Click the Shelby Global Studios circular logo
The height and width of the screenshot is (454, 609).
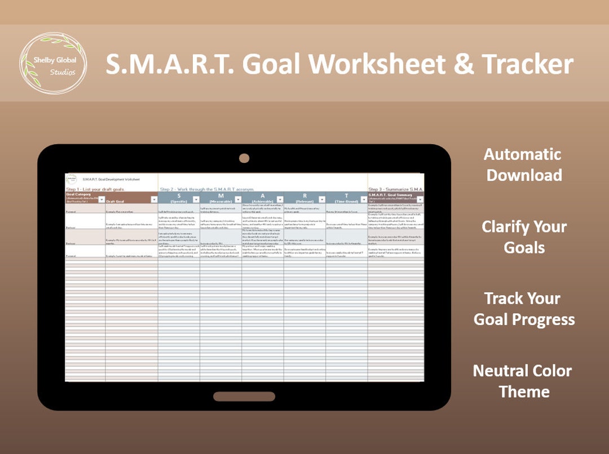[x=54, y=63]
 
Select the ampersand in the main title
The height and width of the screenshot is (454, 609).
[x=464, y=64]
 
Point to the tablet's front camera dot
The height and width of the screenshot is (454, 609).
[x=244, y=158]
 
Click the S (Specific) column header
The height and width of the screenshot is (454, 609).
[x=178, y=197]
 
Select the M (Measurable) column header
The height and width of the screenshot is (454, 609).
[x=220, y=197]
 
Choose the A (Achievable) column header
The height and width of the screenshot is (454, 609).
[x=263, y=197]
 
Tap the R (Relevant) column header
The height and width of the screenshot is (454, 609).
[x=304, y=197]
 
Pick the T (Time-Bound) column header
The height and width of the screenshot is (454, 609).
[x=346, y=197]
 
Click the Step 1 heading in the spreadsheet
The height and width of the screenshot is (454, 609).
[x=95, y=189]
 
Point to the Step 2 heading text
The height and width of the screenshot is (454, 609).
[x=207, y=189]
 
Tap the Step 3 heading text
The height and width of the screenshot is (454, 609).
[x=395, y=189]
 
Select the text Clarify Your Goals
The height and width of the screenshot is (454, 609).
[x=524, y=237]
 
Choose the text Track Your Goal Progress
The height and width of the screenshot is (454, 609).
[x=524, y=309]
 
